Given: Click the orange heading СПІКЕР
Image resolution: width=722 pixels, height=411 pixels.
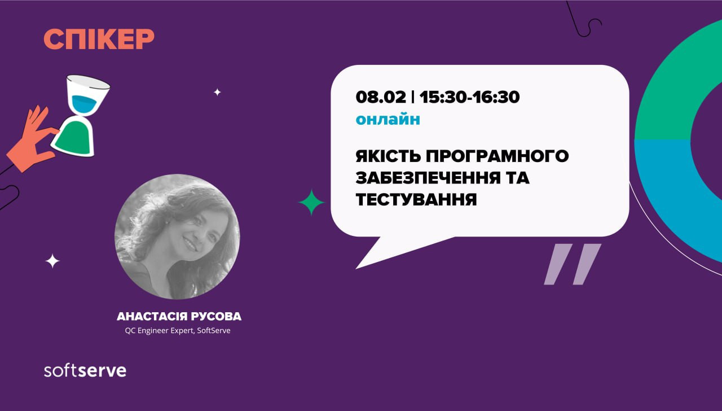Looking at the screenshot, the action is (99, 39).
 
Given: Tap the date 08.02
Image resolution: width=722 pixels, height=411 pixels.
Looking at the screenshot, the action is (381, 97).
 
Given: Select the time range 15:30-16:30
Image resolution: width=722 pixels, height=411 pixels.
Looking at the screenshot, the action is (470, 97).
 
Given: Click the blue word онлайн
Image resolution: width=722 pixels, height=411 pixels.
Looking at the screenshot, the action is (388, 119).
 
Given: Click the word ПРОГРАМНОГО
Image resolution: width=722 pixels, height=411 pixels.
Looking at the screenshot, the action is (498, 156).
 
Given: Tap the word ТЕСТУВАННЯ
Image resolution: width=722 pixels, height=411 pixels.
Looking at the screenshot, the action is (416, 199).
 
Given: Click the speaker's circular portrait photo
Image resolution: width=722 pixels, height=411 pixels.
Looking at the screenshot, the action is (177, 237).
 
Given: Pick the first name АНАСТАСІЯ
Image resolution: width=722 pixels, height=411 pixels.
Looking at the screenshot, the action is (152, 317).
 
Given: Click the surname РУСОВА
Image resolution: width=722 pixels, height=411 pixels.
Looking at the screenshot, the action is (216, 317).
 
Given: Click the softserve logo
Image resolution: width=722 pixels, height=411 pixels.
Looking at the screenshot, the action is (85, 370).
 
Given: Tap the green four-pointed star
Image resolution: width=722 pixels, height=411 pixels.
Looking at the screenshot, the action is (311, 202).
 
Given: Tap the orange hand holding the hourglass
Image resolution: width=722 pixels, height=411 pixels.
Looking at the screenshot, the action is (32, 139).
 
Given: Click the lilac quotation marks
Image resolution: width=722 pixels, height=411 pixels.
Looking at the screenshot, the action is (573, 264).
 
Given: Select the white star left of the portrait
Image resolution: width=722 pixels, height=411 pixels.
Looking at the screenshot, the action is (52, 261).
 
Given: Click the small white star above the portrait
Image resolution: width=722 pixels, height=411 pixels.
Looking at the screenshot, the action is (218, 92).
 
